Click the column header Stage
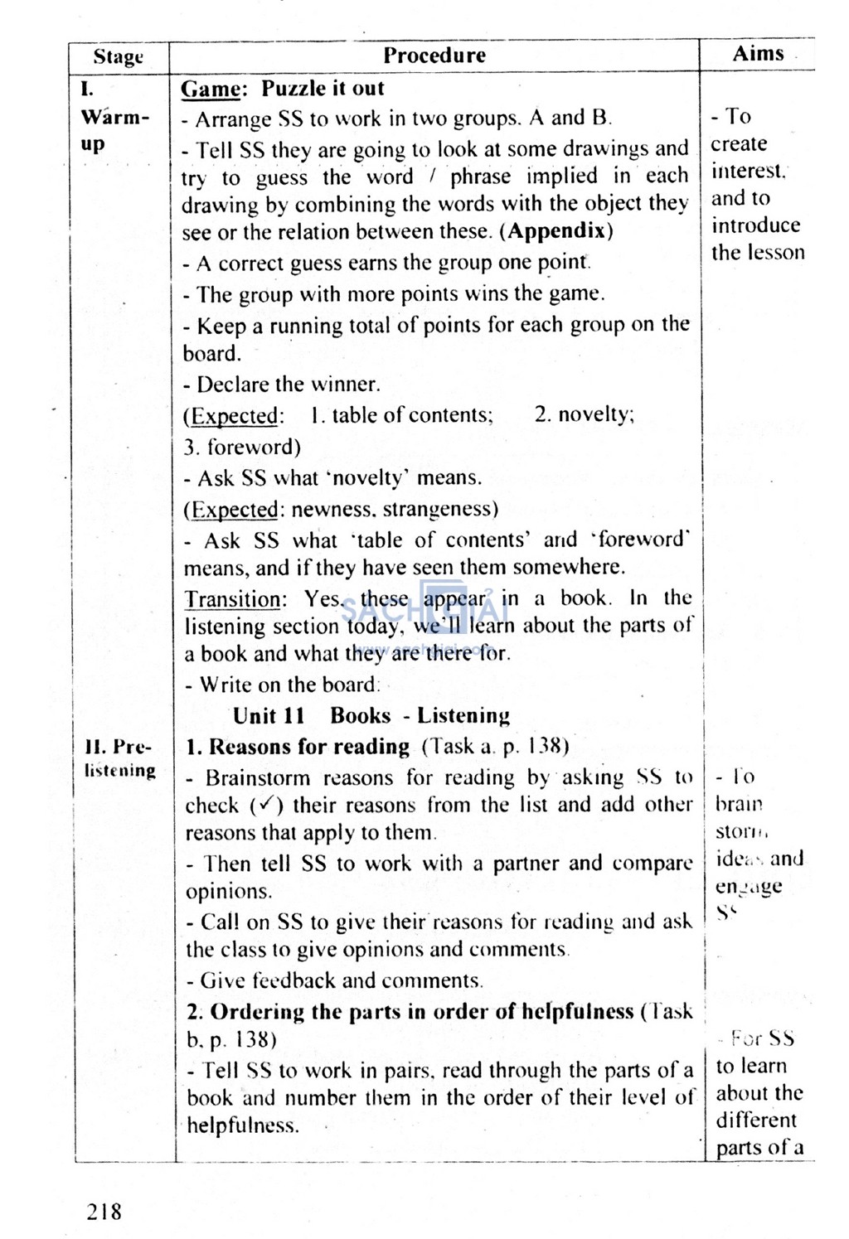[x=118, y=57]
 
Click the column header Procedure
[x=434, y=56]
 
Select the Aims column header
[x=758, y=54]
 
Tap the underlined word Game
[x=211, y=89]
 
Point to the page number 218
[x=104, y=1212]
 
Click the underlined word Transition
[x=233, y=599]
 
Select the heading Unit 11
[x=269, y=715]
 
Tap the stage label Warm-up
[x=114, y=129]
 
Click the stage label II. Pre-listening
[x=119, y=758]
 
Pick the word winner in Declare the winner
[x=344, y=385]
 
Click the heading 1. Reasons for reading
[x=298, y=747]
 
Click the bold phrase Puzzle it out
[x=323, y=89]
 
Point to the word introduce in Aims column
[x=755, y=225]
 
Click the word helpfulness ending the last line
[x=240, y=1125]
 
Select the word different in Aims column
[x=755, y=1120]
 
